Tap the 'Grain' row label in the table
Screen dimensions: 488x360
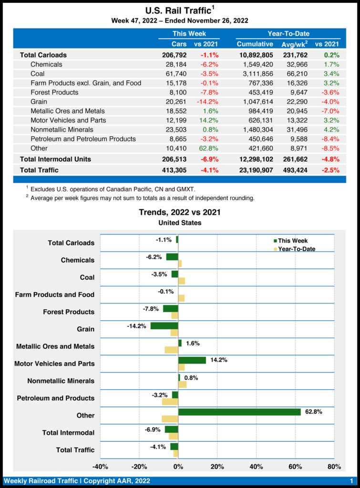click(x=39, y=102)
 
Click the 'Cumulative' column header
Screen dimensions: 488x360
click(x=255, y=44)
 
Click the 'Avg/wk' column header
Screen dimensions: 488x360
click(x=295, y=44)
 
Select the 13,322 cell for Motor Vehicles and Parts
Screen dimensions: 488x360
click(x=298, y=120)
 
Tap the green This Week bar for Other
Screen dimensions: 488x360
click(x=239, y=412)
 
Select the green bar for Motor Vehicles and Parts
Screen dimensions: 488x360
click(x=192, y=360)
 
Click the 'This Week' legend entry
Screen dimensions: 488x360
click(x=292, y=241)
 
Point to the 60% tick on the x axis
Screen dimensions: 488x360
click(x=296, y=467)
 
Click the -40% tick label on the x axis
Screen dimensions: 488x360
click(x=100, y=467)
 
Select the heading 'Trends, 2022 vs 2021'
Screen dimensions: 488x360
click(x=179, y=212)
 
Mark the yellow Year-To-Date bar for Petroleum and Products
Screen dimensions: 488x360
click(x=170, y=402)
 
